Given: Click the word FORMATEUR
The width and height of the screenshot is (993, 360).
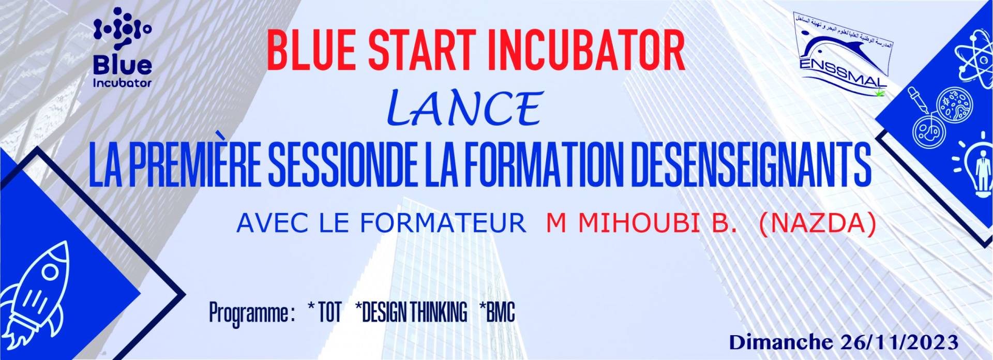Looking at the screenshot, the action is point(443,223).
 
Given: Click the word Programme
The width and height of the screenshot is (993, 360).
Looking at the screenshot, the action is point(248,313).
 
